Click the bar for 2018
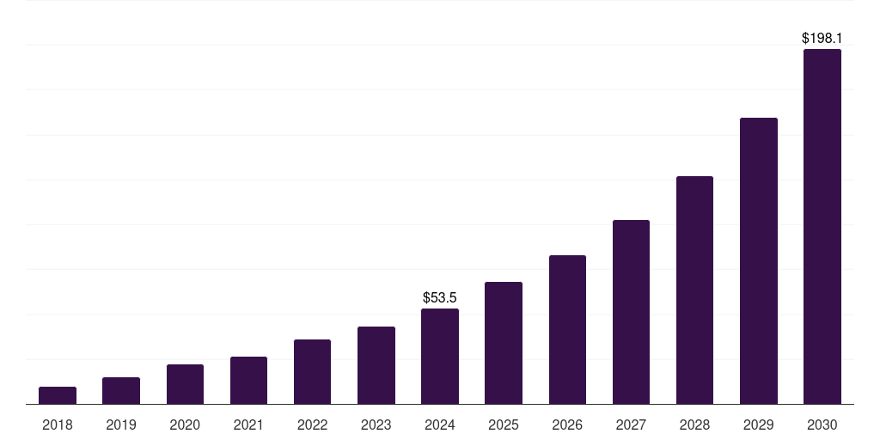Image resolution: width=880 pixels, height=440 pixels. (58, 395)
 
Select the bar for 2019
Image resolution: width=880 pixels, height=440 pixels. (121, 390)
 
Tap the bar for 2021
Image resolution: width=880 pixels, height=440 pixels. (248, 380)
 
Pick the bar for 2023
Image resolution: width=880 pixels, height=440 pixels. (376, 365)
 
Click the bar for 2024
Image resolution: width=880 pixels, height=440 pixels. (440, 356)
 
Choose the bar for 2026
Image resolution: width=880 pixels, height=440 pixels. (567, 329)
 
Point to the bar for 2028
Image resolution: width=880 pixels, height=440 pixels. (694, 290)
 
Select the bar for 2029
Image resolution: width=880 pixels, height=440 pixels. (759, 260)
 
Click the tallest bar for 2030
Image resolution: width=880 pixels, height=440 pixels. (822, 226)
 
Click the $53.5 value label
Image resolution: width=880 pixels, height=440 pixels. (440, 298)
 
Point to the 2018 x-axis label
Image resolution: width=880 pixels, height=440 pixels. (58, 425)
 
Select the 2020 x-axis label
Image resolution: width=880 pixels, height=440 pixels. (185, 425)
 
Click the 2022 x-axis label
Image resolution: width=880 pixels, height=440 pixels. (312, 425)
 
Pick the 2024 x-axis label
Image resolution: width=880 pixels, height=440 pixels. (440, 425)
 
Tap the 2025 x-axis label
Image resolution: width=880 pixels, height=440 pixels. (504, 425)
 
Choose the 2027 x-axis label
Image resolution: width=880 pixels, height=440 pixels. (631, 425)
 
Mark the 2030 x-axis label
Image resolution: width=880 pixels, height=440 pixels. (822, 425)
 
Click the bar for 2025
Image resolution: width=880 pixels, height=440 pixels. (504, 343)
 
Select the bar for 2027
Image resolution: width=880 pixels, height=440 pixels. (631, 312)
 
